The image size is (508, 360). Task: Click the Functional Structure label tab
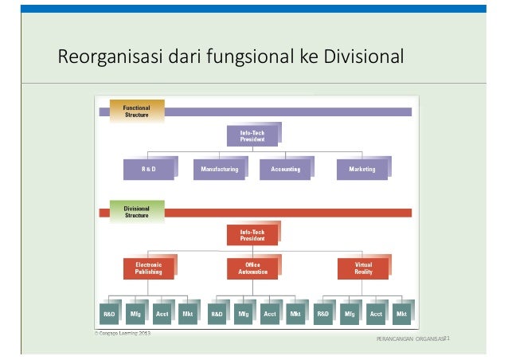[x=137, y=111]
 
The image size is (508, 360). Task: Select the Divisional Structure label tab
[x=137, y=211]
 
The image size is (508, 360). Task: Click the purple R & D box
[x=148, y=169]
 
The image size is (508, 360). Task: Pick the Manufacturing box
[x=220, y=169]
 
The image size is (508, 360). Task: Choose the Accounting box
[x=285, y=169]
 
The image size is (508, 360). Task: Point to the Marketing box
[x=362, y=169]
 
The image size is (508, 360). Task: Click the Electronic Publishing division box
[x=148, y=268]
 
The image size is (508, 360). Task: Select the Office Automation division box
[x=252, y=268]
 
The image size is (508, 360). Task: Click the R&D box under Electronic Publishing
[x=109, y=314]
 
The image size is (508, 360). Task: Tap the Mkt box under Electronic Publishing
[x=187, y=314]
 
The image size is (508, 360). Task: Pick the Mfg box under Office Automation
[x=243, y=314]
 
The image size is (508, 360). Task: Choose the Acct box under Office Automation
[x=269, y=314]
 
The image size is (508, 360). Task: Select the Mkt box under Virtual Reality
[x=401, y=314]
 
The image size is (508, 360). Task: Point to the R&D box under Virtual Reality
[x=323, y=314]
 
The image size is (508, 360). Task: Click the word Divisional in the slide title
[x=364, y=57]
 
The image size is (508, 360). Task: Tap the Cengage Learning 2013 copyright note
[x=119, y=333]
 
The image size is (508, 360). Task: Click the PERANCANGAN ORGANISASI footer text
[x=411, y=340]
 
